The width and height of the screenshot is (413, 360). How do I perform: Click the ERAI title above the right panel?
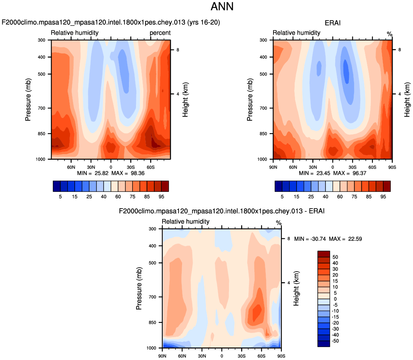pos(333,23)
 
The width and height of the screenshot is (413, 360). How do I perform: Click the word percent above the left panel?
pos(160,33)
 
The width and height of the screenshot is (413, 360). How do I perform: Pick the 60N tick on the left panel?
pos(71,167)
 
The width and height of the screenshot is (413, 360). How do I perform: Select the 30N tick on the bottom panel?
pos(202,355)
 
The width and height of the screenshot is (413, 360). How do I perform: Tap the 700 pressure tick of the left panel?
pos(42,108)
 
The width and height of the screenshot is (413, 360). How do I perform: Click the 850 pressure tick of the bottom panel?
pos(153,322)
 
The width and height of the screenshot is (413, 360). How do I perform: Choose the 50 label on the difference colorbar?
pos(335,257)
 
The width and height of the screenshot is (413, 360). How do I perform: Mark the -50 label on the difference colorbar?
pos(334,341)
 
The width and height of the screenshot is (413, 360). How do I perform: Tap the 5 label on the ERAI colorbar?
pos(282,197)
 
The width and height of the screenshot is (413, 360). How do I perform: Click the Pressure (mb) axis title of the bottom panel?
pos(139,288)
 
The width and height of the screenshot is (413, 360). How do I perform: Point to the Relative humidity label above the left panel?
pos(75,33)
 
